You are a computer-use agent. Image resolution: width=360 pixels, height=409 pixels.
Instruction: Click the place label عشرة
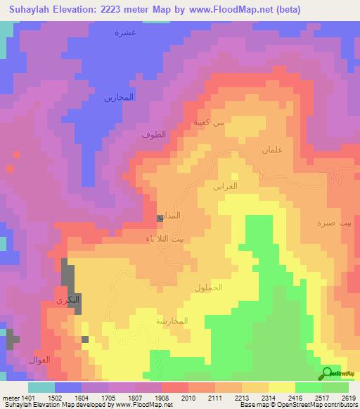125,33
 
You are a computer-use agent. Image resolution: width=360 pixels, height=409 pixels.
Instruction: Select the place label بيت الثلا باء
167,239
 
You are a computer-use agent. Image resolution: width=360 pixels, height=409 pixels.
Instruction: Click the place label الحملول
208,288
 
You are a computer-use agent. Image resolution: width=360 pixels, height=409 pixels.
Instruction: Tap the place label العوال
39,360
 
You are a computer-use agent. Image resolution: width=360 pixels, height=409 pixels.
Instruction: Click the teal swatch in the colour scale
41,387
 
